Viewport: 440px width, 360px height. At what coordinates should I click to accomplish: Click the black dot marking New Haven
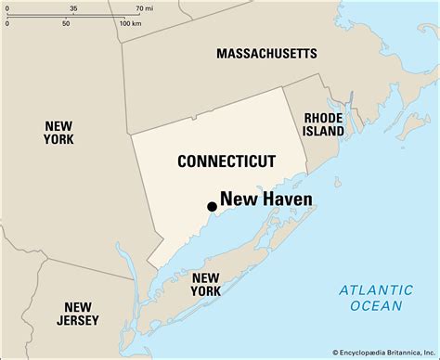point(212,207)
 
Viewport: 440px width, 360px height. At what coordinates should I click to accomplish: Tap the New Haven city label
point(265,199)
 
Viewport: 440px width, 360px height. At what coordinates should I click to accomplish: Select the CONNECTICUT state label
point(226,161)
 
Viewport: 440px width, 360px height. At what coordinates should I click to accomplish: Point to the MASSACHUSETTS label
point(266,55)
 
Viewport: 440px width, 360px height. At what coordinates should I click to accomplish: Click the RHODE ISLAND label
point(324,124)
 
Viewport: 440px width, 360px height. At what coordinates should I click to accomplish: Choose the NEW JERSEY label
point(77,315)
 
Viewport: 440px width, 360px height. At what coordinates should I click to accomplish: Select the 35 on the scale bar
point(73,7)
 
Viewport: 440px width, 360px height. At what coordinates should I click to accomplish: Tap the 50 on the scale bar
point(66,22)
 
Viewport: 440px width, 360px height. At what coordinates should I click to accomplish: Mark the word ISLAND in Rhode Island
point(324,132)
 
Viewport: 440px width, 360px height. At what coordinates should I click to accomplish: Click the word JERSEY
point(77,322)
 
